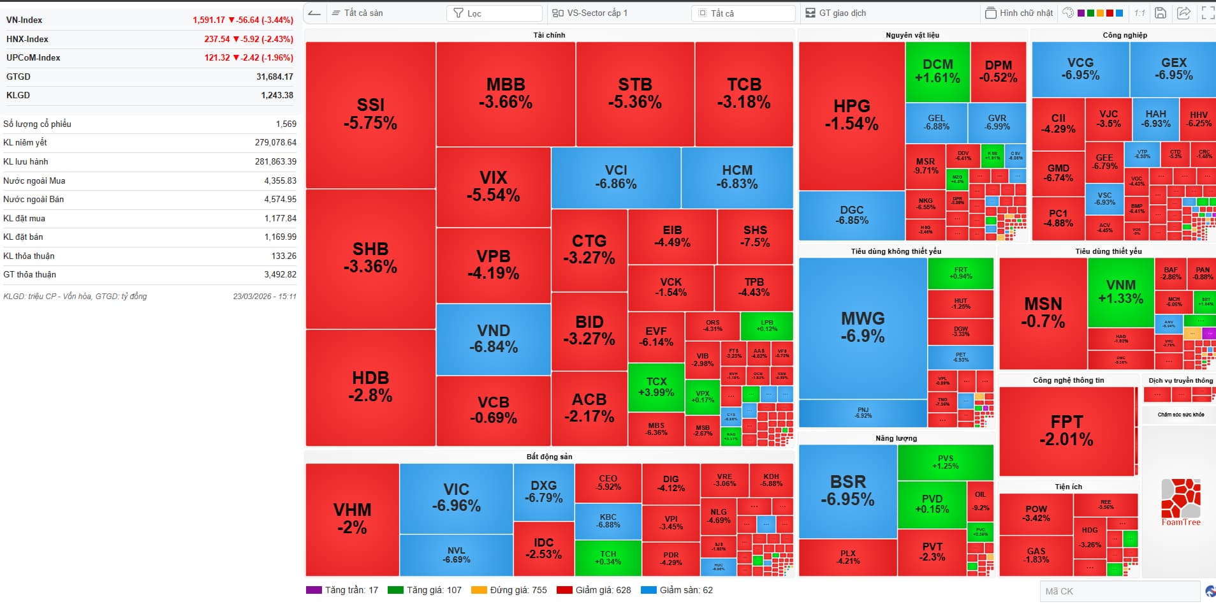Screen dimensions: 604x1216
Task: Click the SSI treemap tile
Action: pos(370,114)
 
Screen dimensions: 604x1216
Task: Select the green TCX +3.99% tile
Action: pos(656,387)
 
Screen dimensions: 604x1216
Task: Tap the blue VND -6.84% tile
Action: pos(494,339)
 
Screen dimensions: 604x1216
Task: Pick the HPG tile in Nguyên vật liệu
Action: pos(851,115)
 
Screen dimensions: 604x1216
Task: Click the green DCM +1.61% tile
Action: pos(937,71)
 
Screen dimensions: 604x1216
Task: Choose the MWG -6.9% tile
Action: pos(863,327)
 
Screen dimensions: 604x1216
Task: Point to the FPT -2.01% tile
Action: pos(1066,431)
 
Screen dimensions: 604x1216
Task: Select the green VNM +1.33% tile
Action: pos(1120,291)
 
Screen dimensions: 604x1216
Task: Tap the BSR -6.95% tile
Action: pos(847,490)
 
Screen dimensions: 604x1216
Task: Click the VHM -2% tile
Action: pos(352,518)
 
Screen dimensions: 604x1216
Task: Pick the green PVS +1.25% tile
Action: pos(945,462)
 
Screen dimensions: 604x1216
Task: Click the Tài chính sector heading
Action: pos(549,35)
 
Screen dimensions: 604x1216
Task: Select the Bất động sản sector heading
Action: pos(549,457)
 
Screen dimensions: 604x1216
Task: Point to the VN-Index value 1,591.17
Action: pos(209,20)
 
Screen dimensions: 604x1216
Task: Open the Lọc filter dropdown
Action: pos(495,13)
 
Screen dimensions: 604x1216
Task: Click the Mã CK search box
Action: pos(1119,591)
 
